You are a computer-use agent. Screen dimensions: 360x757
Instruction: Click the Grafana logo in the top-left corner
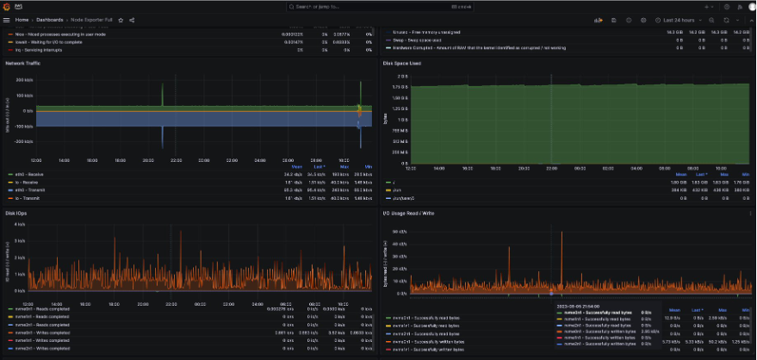(x=7, y=6)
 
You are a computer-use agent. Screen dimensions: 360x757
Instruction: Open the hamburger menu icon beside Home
(x=7, y=19)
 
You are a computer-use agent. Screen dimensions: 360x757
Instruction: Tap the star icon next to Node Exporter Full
(x=121, y=19)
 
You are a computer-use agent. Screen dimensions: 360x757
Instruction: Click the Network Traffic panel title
(x=23, y=64)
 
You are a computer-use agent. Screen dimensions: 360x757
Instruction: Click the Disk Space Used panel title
(x=402, y=64)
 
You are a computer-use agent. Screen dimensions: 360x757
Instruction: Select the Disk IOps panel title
(x=17, y=213)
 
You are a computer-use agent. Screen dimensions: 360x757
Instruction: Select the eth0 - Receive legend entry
(x=26, y=174)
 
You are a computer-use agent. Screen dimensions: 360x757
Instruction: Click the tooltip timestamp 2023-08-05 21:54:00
(x=577, y=304)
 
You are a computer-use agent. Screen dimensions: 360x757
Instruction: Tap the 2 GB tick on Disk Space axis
(x=401, y=76)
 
